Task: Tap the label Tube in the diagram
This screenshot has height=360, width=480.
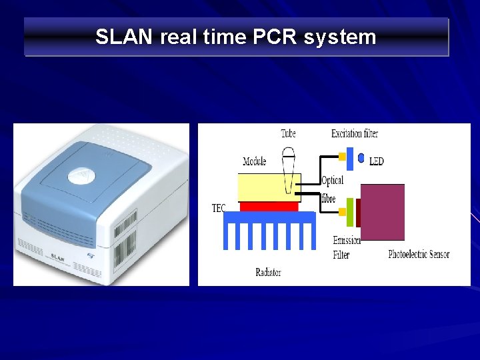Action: [x=288, y=133]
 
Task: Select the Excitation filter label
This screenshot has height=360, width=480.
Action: [x=355, y=133]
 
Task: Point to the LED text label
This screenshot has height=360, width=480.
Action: [x=377, y=161]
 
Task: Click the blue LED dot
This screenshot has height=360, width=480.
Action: [x=361, y=159]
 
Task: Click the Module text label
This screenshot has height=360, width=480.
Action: [x=255, y=161]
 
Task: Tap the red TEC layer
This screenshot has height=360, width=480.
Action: [x=269, y=206]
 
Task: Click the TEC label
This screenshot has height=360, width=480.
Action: [x=219, y=209]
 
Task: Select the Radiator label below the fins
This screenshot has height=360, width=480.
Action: [x=269, y=271]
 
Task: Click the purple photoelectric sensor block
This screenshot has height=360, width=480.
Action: [x=382, y=212]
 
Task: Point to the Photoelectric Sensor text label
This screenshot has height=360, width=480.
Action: [x=419, y=254]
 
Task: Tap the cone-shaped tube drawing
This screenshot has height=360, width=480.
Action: [x=288, y=170]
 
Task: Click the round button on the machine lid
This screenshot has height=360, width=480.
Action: [x=81, y=175]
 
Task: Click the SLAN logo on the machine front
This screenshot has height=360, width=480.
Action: [x=58, y=256]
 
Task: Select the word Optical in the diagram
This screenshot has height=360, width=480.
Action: [x=333, y=181]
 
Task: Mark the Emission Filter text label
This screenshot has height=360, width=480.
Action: [x=347, y=247]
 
